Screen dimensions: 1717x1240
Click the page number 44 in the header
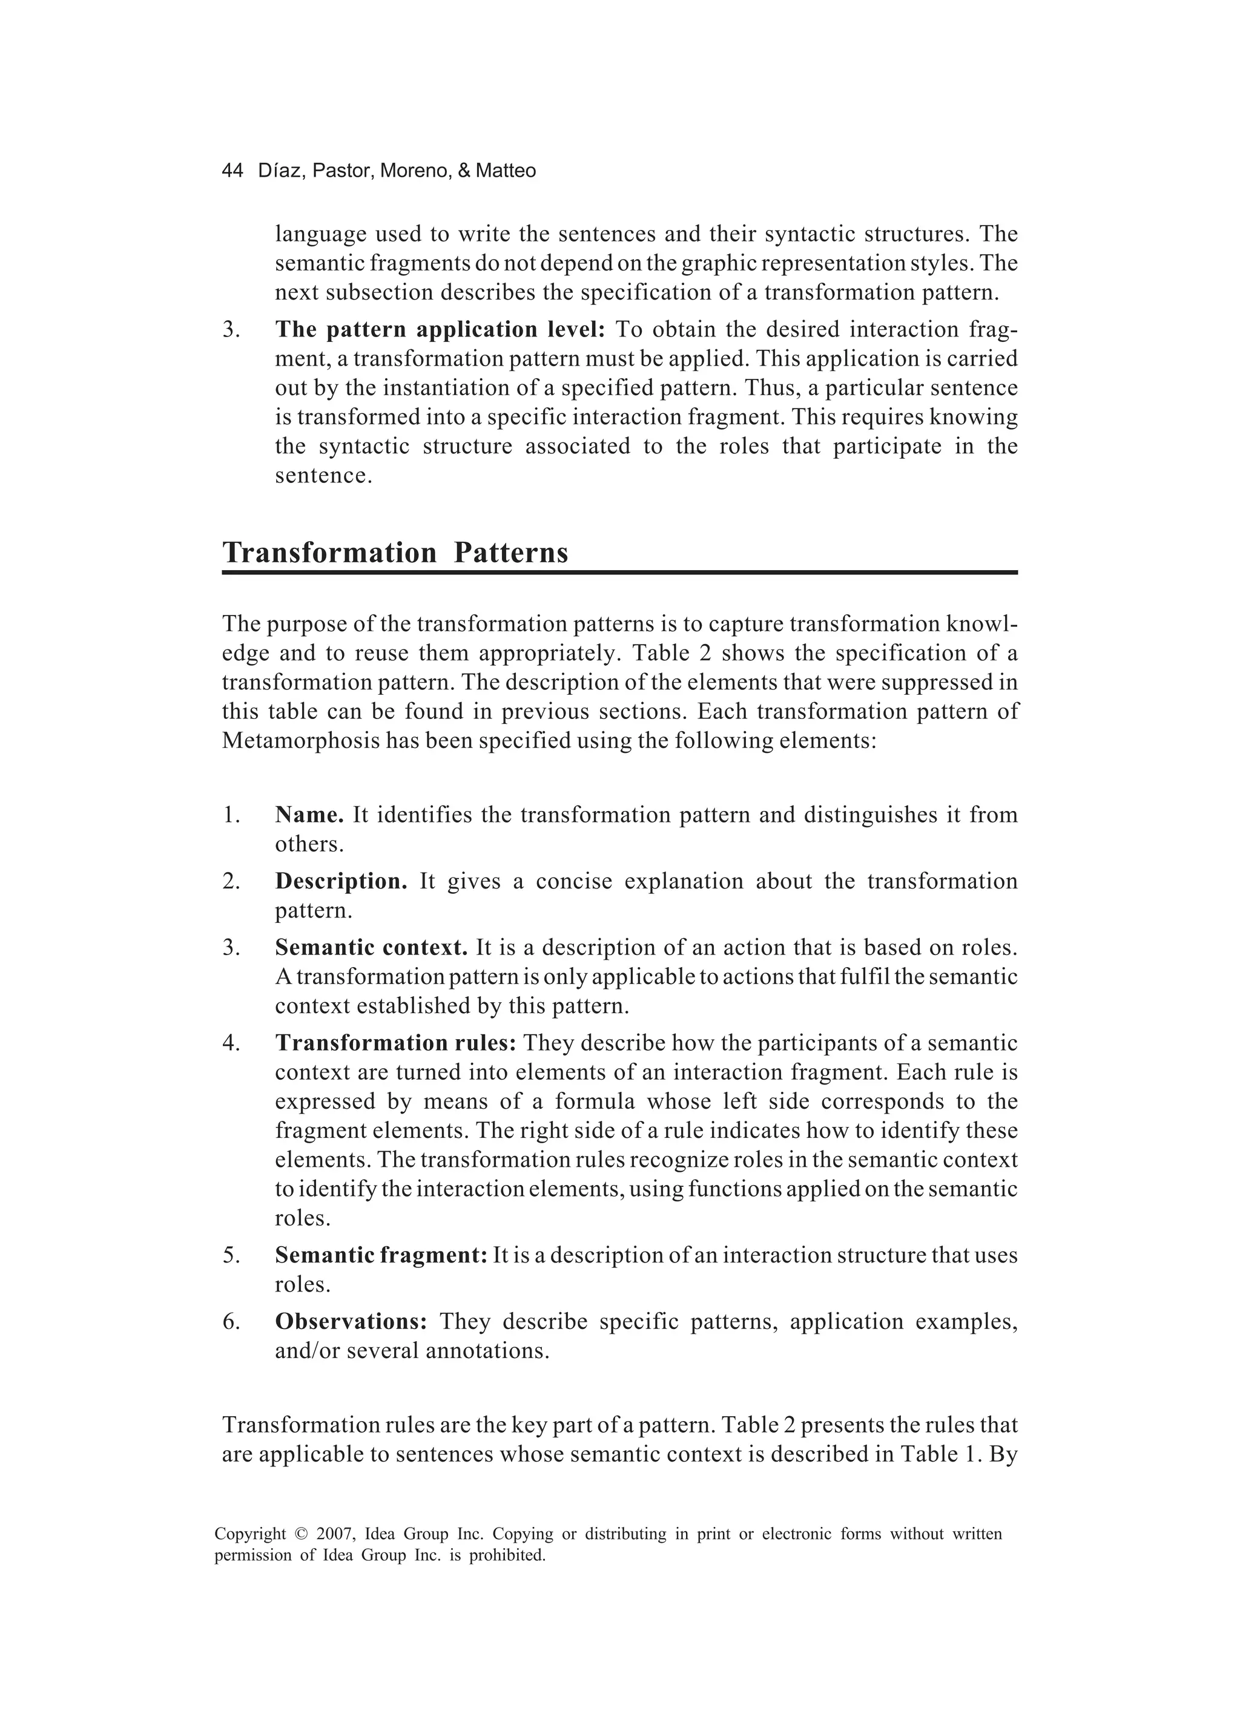[232, 171]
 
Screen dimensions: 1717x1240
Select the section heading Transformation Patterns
[395, 552]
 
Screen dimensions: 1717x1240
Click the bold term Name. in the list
[309, 815]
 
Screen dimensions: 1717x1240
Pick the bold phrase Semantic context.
[371, 947]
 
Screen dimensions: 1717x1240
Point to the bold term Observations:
[351, 1321]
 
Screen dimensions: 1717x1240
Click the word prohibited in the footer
[507, 1556]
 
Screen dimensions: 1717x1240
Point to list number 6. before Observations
[231, 1322]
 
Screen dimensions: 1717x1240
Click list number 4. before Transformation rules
[231, 1043]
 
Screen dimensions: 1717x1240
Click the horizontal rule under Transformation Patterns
[619, 573]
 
